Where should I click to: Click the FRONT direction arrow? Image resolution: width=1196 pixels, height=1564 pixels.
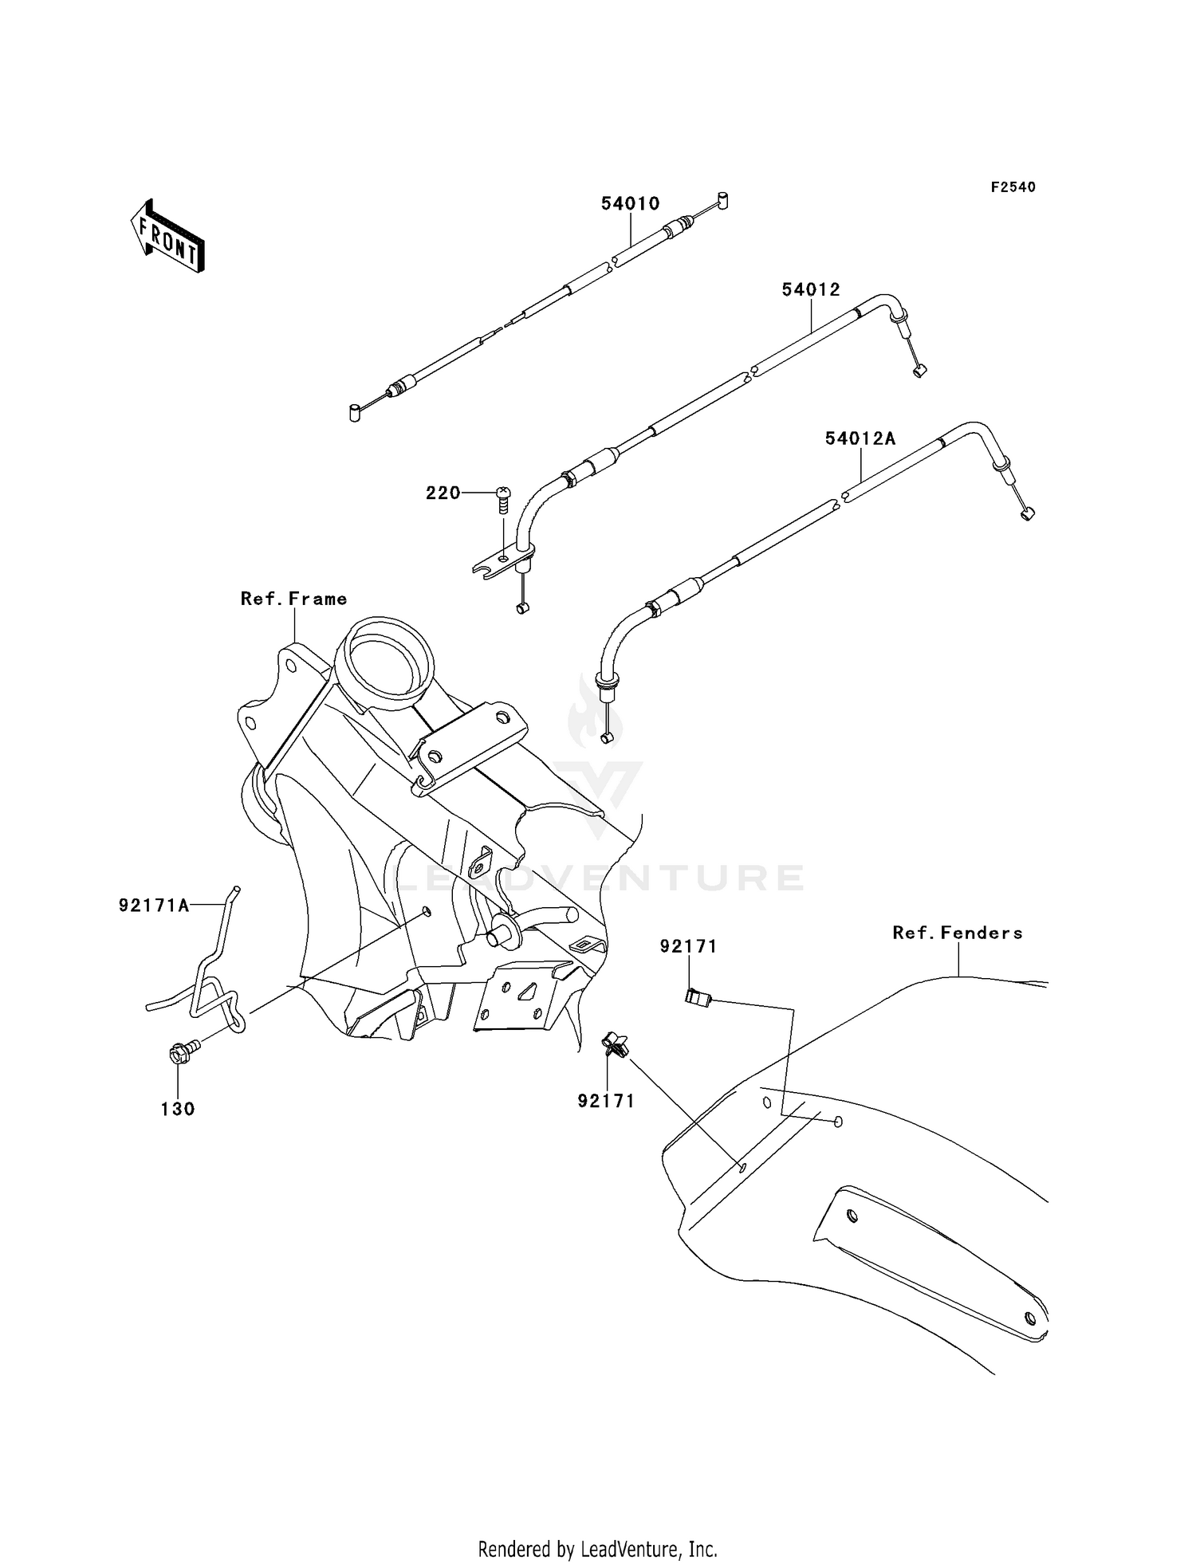(167, 237)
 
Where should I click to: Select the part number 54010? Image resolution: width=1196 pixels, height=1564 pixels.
(631, 203)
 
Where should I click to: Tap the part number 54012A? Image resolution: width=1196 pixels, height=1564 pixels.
(860, 438)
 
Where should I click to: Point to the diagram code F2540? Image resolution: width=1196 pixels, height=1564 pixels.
(1013, 187)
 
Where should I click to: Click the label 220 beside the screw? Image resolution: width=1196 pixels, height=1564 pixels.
(443, 493)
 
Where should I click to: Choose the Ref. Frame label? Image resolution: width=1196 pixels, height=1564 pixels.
(294, 599)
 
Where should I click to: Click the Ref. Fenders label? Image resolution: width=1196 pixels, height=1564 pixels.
(958, 933)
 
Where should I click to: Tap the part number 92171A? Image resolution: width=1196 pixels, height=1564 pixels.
(154, 905)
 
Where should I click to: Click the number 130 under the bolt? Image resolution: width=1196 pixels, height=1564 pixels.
(178, 1109)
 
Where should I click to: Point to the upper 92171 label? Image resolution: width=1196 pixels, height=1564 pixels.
(688, 946)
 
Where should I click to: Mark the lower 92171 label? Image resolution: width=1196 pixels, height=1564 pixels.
(606, 1101)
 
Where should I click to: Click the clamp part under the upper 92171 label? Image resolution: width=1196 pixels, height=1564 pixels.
(698, 996)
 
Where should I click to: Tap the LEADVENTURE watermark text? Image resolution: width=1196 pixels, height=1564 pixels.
(600, 878)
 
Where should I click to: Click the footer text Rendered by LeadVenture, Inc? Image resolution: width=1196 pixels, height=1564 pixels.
(598, 1549)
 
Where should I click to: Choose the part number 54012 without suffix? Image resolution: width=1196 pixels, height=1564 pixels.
(811, 290)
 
